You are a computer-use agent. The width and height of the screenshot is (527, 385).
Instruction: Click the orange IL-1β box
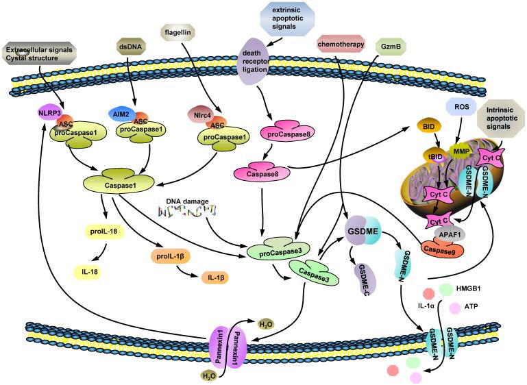pos(216,280)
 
